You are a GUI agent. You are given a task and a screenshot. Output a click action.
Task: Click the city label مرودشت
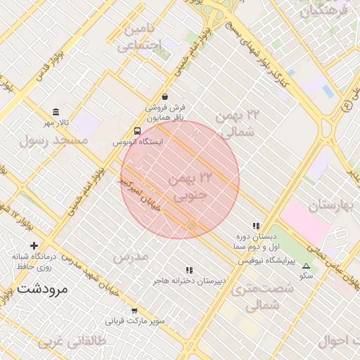click(41, 289)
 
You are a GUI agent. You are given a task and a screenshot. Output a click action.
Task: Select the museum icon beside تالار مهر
click(56, 112)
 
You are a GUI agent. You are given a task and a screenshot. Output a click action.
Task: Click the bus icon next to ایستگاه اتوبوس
click(136, 131)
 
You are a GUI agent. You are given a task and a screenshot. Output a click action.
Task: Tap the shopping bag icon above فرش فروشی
click(165, 97)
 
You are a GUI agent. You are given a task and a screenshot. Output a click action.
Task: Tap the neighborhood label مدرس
click(130, 257)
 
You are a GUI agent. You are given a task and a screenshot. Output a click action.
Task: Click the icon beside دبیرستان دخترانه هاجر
click(188, 270)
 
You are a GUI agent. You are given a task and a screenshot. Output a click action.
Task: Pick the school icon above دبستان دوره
click(256, 226)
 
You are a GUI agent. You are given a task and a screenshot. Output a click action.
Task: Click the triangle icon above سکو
click(306, 266)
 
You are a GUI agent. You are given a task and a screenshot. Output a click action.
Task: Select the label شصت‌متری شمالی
click(255, 297)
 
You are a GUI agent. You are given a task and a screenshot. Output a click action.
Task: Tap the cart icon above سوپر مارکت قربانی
click(134, 310)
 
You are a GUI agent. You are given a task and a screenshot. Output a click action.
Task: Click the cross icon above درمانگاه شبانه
click(34, 245)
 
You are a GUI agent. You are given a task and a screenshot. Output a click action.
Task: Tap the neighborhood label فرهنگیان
click(324, 11)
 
